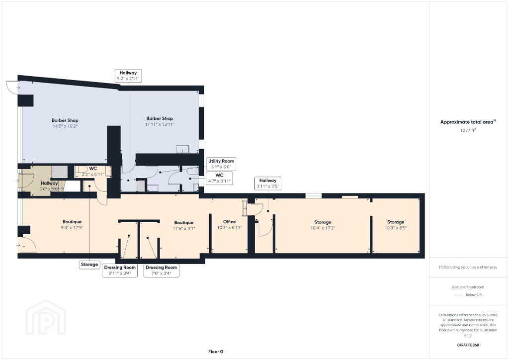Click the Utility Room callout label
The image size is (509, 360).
[221, 164]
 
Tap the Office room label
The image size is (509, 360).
[230, 225]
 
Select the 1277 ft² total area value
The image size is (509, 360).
[468, 130]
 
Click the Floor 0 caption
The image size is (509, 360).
[216, 352]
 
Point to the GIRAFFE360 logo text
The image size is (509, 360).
[468, 345]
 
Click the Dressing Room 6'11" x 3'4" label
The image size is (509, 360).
[120, 270]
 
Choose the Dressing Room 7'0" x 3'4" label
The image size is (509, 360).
[162, 270]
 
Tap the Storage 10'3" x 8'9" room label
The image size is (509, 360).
[396, 225]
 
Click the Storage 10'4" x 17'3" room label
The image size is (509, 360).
[323, 225]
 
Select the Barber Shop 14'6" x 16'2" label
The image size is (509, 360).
[65, 123]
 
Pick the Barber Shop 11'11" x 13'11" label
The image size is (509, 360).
[160, 121]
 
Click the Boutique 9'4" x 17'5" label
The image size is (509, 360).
[72, 225]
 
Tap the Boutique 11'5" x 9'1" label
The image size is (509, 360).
[184, 225]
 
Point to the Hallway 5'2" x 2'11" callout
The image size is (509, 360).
[128, 76]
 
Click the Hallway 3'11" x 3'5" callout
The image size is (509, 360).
[268, 183]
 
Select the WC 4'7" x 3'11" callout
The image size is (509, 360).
[219, 178]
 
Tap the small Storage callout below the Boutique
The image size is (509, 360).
[89, 265]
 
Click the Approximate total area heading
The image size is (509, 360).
[468, 122]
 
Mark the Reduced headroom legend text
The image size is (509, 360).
[468, 287]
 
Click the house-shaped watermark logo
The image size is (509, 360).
[46, 317]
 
